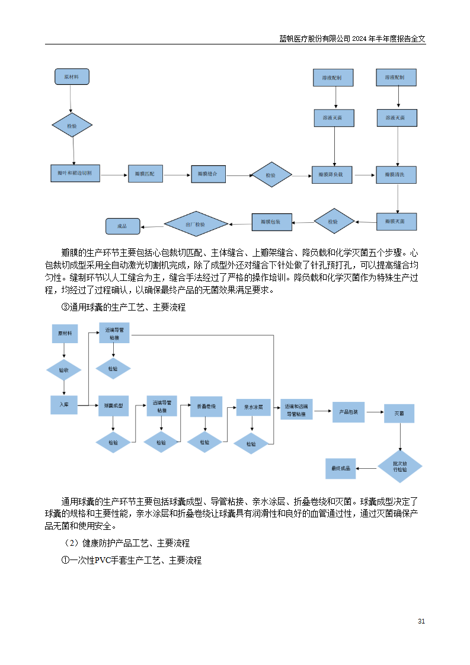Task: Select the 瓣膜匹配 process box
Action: [145, 174]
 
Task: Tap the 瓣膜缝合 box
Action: [208, 174]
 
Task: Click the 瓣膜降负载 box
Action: [332, 175]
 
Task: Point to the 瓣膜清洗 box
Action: [396, 174]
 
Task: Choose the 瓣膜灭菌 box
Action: [396, 221]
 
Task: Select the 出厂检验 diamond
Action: [196, 224]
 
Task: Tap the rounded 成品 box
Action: [123, 226]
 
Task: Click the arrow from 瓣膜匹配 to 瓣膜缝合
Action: [177, 175]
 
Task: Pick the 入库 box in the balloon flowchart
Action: [64, 404]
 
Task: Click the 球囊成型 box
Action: [113, 405]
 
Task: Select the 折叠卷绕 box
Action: [206, 406]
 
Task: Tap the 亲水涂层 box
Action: [253, 407]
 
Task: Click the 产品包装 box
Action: [348, 411]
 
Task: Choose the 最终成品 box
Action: [341, 468]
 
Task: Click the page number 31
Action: [421, 621]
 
